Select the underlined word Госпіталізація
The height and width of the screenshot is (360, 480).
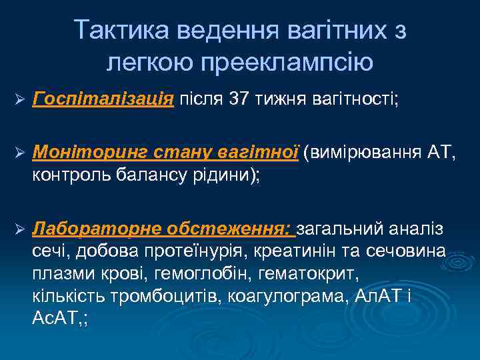pos(103,100)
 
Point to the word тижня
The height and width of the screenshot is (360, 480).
pos(283,100)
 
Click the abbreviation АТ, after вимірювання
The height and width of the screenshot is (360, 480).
pos(441,154)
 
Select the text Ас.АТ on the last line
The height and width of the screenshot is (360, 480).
pos(53,317)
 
